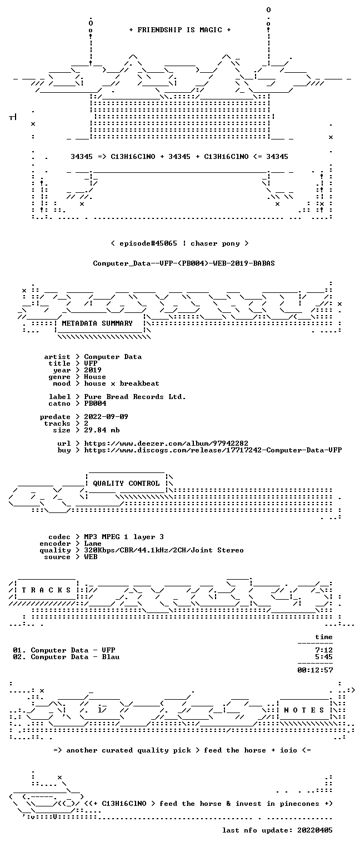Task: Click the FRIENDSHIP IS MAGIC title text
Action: pyautogui.click(x=179, y=30)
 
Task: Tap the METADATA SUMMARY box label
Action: pyautogui.click(x=97, y=323)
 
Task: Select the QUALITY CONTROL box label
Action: pyautogui.click(x=126, y=483)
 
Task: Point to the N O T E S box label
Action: pyautogui.click(x=304, y=710)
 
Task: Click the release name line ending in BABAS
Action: pyautogui.click(x=184, y=263)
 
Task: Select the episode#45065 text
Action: pyautogui.click(x=148, y=243)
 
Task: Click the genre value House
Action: pyautogui.click(x=95, y=377)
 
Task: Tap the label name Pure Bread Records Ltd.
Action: pyautogui.click(x=135, y=397)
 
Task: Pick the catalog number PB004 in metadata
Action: pyautogui.click(x=95, y=403)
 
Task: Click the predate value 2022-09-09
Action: pyautogui.click(x=106, y=417)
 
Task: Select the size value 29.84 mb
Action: pyautogui.click(x=102, y=430)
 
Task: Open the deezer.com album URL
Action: pyautogui.click(x=166, y=443)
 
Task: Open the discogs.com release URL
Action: pyautogui.click(x=213, y=450)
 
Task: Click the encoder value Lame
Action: pyautogui.click(x=93, y=544)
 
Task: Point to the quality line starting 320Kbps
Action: pyautogui.click(x=164, y=550)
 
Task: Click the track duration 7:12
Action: pyautogui.click(x=324, y=650)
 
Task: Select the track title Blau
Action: pyautogui.click(x=111, y=657)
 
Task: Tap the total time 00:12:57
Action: pyautogui.click(x=315, y=670)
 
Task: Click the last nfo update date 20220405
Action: pyautogui.click(x=315, y=830)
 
